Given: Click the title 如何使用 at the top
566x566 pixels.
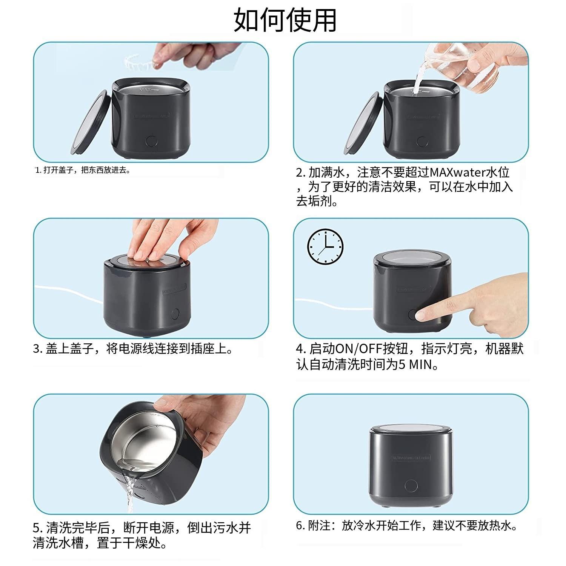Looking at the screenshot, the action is click(285, 20).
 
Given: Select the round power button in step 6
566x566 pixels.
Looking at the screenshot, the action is click(411, 485).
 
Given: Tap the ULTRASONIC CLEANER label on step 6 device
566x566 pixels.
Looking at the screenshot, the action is click(412, 458).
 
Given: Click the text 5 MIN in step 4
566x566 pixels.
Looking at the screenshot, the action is click(415, 365).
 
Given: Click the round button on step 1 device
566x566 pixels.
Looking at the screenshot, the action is click(151, 141).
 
